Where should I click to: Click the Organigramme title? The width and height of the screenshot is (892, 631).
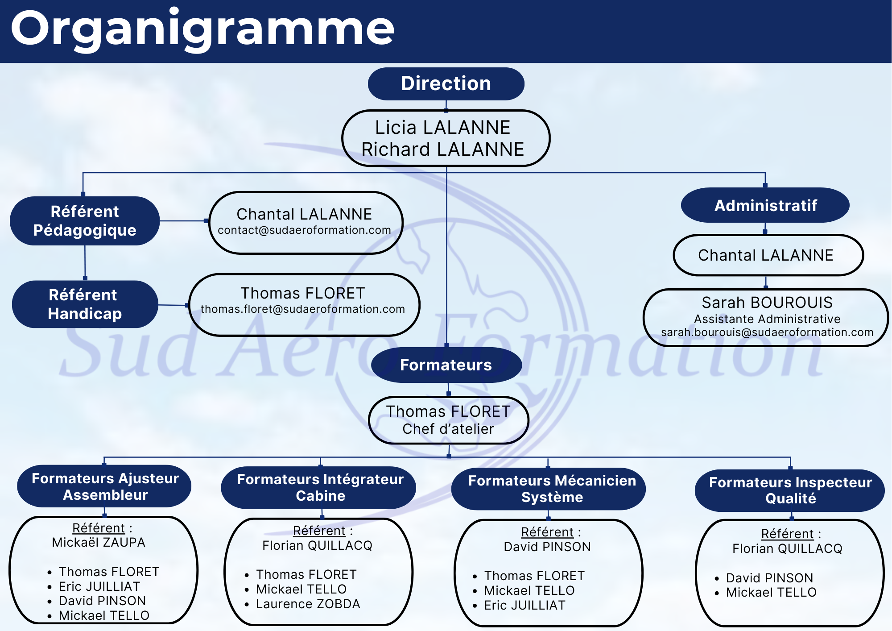point(202,29)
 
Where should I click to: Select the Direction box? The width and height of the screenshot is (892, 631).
point(446,84)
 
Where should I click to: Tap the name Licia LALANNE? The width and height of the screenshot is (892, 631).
point(442,128)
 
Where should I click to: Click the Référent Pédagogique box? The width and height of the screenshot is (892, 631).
point(85,221)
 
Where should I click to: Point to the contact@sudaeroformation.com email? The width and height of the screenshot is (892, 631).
point(304,230)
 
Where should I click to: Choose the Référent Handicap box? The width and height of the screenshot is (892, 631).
point(85,304)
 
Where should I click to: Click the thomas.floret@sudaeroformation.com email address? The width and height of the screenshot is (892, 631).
point(303,309)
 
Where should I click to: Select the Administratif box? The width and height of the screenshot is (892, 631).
point(765,206)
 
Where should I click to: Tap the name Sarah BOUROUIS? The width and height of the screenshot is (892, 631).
point(767,303)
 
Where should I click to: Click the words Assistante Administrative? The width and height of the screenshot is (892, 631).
point(767,319)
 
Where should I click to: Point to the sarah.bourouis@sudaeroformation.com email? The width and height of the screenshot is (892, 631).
point(767,332)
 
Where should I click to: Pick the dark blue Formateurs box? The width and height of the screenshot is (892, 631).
point(446,365)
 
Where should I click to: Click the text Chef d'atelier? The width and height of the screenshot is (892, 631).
point(448,429)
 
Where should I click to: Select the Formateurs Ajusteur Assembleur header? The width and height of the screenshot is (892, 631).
point(105,487)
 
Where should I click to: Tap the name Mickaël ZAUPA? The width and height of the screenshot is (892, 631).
point(99,543)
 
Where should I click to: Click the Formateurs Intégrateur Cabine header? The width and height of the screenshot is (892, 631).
point(320,488)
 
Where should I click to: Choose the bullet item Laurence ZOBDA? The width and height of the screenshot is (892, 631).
point(308,604)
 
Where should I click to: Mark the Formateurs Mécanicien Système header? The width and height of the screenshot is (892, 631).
point(552,489)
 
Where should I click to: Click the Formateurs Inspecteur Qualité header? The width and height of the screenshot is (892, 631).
point(790,490)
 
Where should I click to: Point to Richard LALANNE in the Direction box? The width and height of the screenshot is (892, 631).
point(442,149)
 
